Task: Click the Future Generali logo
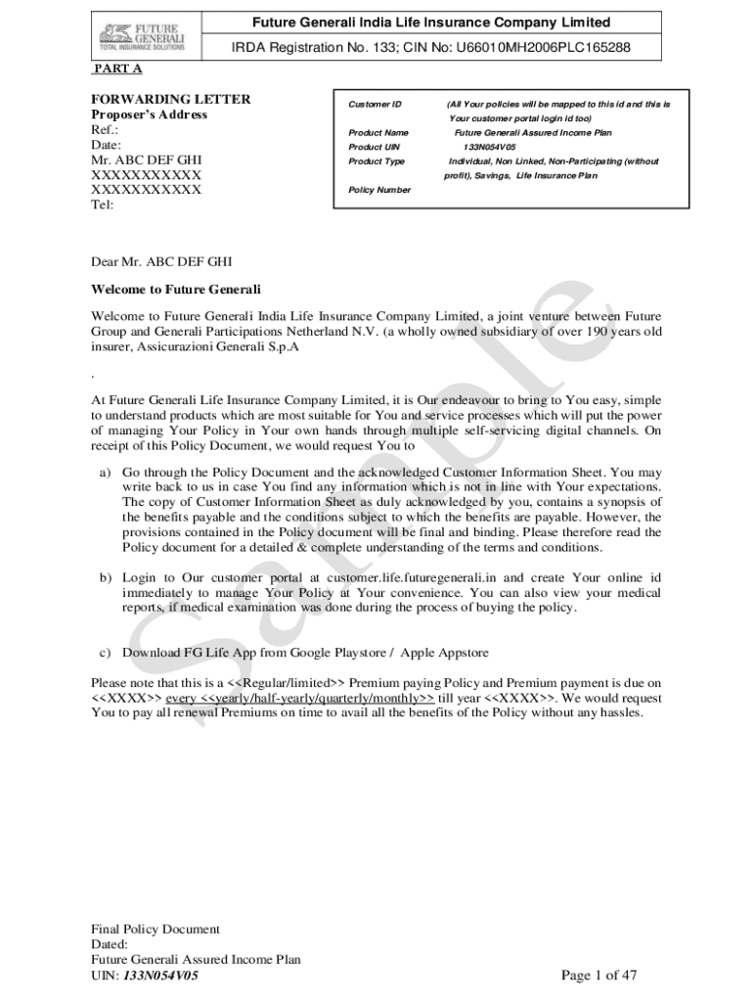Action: tap(146, 36)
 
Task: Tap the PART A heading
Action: tap(116, 68)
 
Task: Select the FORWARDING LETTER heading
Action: tap(170, 99)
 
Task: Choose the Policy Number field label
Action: tap(379, 190)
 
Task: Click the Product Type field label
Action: tap(376, 161)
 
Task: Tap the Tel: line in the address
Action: tap(102, 205)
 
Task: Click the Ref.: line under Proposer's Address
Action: tap(105, 129)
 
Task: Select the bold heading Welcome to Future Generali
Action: tap(176, 290)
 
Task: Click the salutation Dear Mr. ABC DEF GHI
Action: tap(161, 262)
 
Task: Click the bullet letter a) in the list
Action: tap(105, 472)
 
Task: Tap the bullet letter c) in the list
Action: tap(105, 653)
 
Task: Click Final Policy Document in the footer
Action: tap(155, 930)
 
